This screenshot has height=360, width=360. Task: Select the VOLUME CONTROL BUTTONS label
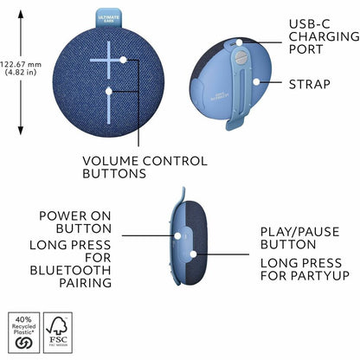[145, 167]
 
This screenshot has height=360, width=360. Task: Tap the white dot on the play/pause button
[193, 255]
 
